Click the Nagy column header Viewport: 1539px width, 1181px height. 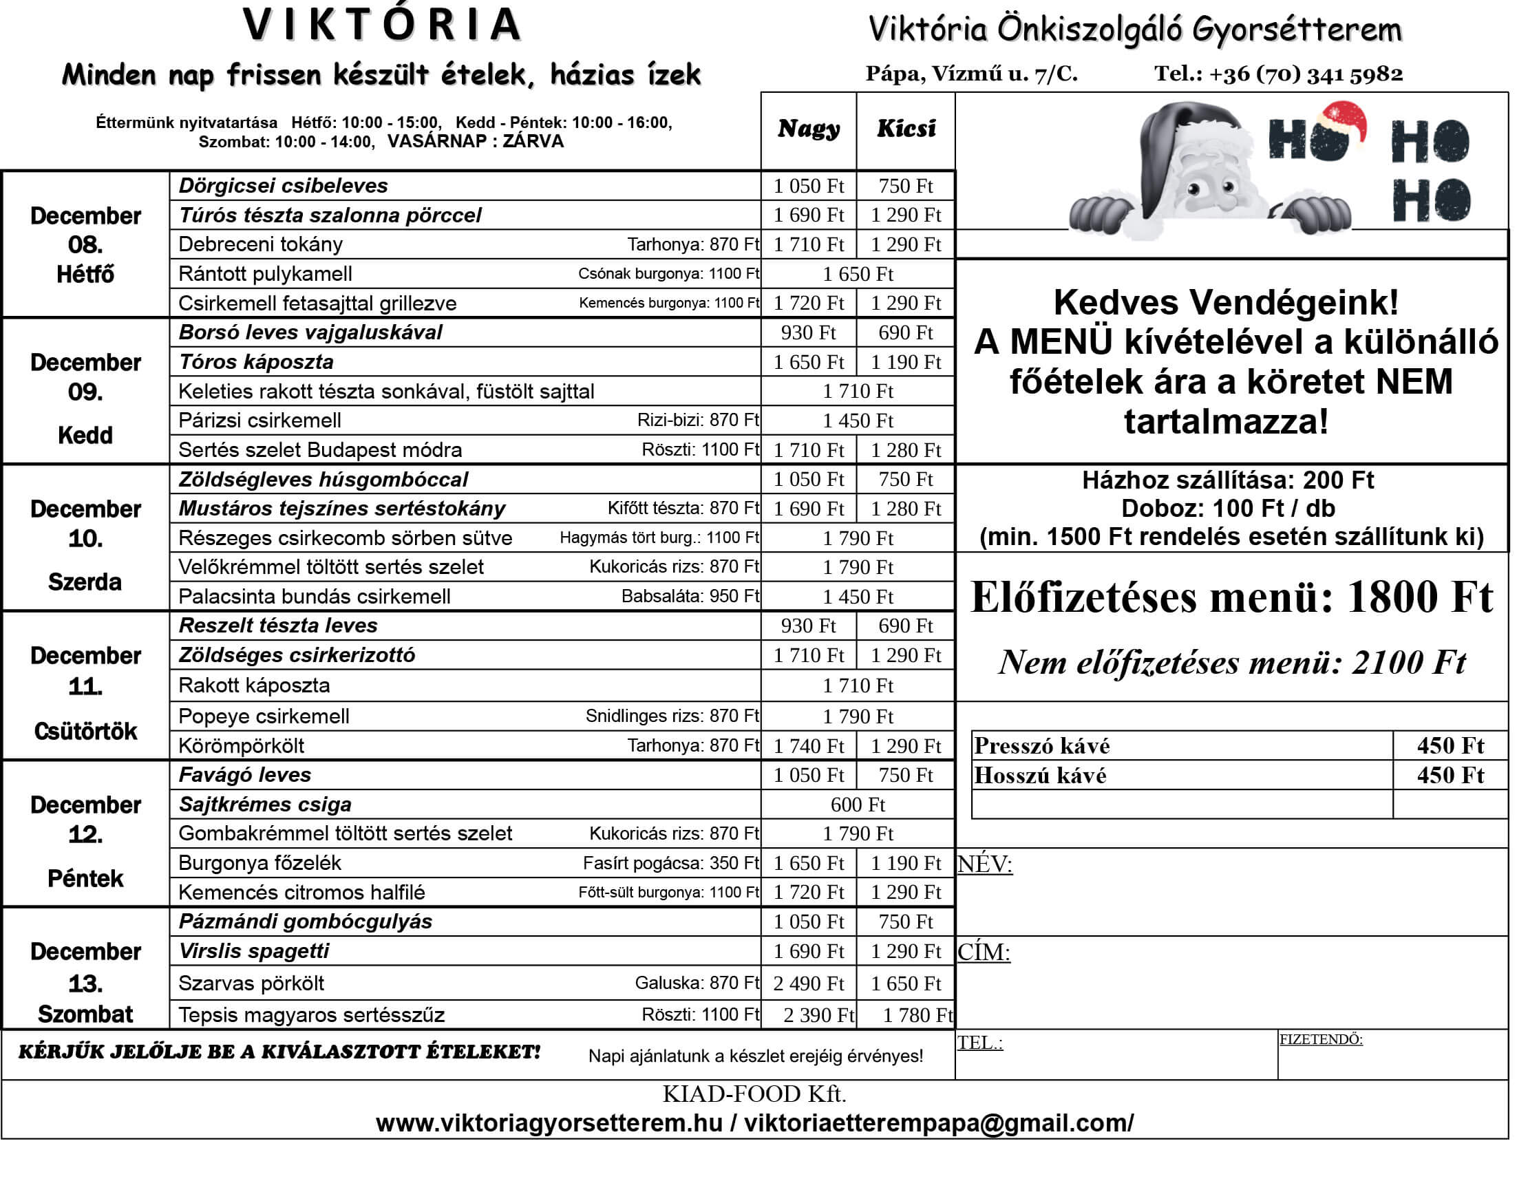coord(808,129)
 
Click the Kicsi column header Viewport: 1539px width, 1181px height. coord(906,129)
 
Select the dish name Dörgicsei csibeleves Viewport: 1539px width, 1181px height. coord(283,186)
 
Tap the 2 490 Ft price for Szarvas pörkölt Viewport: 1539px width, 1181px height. coord(808,983)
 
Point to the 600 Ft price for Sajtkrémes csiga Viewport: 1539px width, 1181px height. coord(857,805)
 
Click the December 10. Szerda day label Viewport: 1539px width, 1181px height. coord(85,538)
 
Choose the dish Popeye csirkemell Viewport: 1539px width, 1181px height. coord(264,716)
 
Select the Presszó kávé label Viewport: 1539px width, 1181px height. coord(1041,745)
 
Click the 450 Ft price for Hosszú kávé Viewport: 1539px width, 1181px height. coord(1450,775)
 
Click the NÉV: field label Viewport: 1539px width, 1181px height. coord(984,863)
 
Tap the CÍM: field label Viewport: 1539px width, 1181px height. coord(983,952)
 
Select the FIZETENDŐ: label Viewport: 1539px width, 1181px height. coord(1320,1039)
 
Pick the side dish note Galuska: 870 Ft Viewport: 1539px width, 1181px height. coord(696,983)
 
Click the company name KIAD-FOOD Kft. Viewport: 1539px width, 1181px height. coord(754,1094)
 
